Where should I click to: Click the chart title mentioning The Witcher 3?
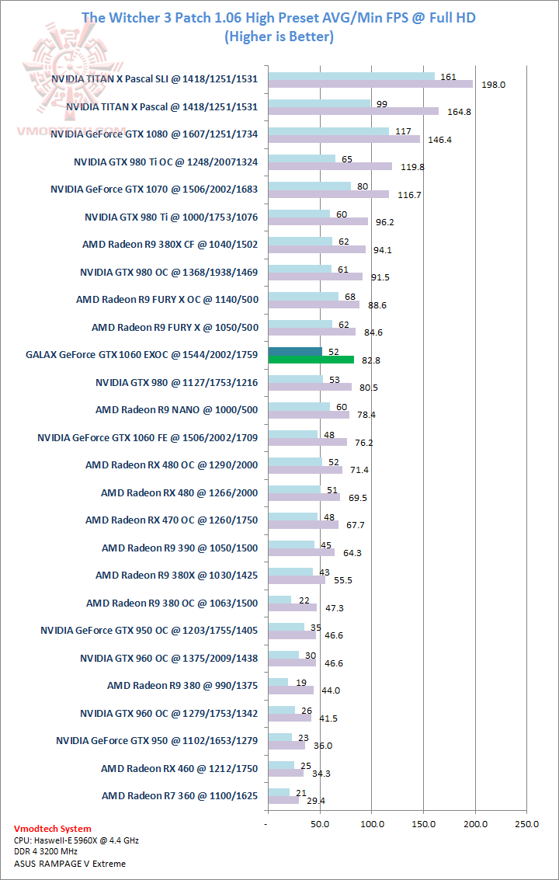(x=279, y=17)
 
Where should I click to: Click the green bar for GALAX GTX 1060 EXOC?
(x=311, y=360)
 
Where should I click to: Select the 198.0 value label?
(x=494, y=85)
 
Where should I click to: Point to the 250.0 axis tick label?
(x=526, y=823)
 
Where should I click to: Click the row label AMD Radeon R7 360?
(x=179, y=795)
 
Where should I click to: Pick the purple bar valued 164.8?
(x=352, y=111)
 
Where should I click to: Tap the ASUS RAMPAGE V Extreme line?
(x=70, y=863)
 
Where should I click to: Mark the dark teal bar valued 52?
(x=294, y=351)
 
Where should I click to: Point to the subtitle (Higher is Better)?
(x=279, y=36)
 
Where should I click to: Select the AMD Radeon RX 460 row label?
(x=179, y=768)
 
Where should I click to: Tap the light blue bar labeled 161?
(x=351, y=77)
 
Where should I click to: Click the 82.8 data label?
(x=370, y=360)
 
